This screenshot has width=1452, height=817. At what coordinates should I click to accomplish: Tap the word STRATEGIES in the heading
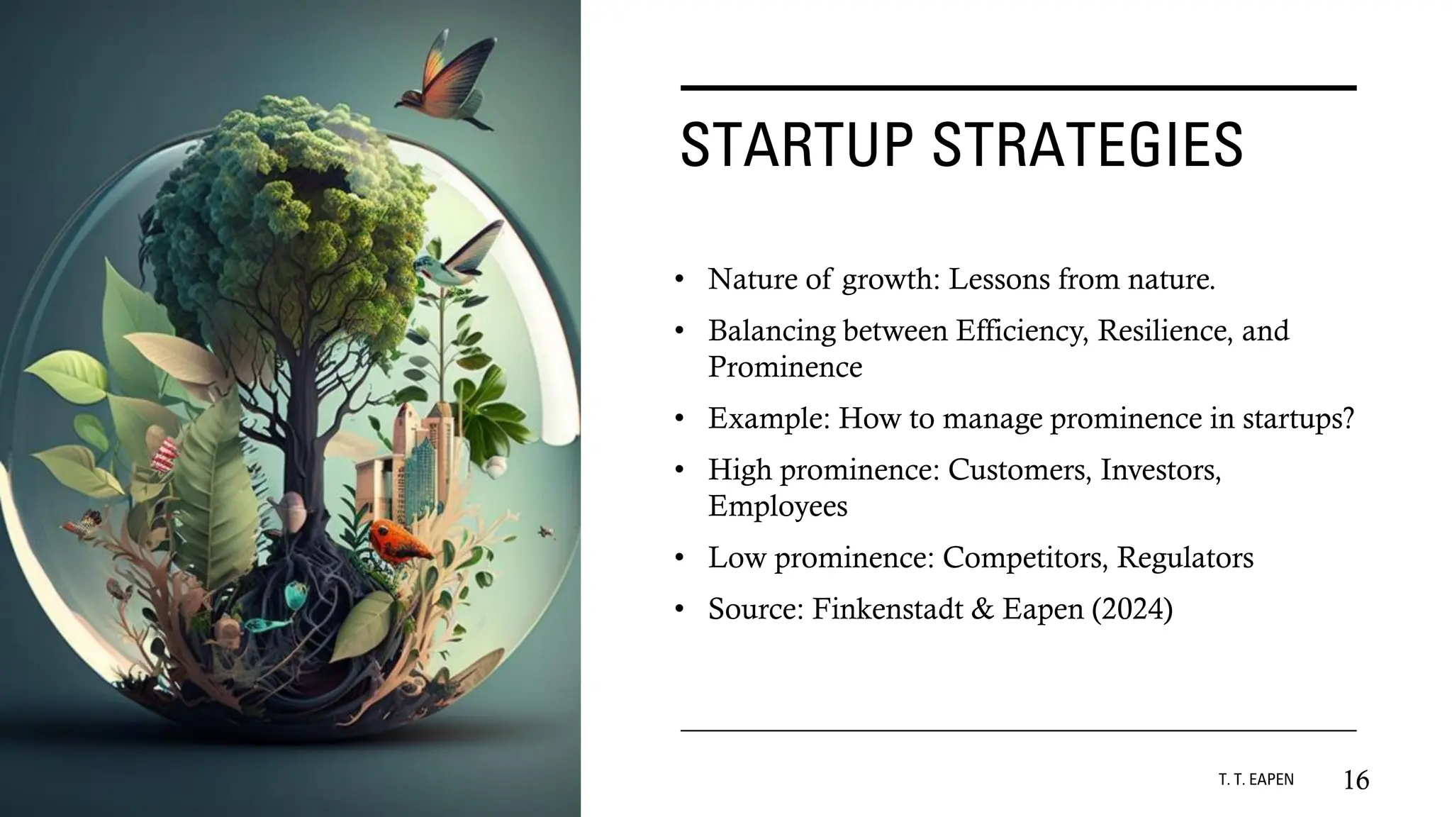point(1087,145)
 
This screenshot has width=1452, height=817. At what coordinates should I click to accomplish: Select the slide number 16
point(1356,780)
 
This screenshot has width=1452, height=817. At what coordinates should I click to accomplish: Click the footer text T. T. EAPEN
point(1256,780)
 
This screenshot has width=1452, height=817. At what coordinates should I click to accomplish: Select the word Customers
point(1019,469)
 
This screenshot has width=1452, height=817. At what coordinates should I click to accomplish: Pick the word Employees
point(778,506)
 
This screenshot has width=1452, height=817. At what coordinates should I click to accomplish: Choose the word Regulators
point(1185,557)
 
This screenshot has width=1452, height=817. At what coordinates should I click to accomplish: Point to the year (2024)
point(1132,609)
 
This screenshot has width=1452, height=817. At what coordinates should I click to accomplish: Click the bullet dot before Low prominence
point(679,559)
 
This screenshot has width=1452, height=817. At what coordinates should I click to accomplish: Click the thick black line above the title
point(1018,88)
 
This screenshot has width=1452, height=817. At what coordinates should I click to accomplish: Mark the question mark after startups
point(1346,418)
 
